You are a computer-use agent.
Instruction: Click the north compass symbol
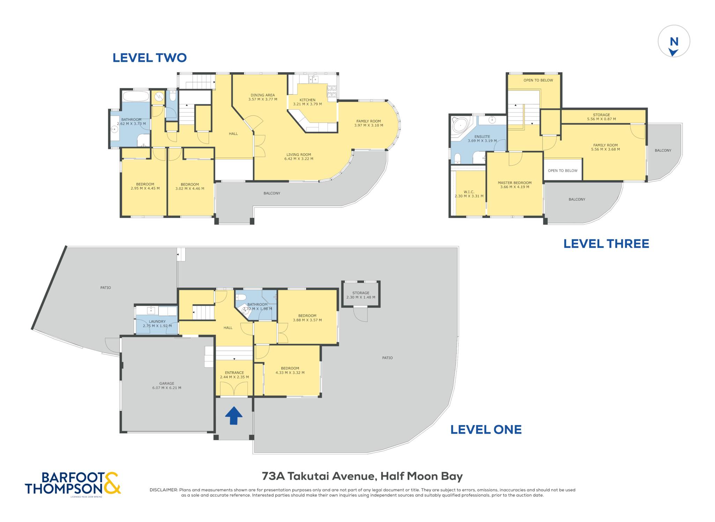674,41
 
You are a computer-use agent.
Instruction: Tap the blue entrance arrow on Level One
234,415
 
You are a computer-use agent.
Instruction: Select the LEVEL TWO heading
149,58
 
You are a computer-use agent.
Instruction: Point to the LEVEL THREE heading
606,244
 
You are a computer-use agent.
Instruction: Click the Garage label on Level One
167,385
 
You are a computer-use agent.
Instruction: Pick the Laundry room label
157,324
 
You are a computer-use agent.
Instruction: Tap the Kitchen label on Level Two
307,102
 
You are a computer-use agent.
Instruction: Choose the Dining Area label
263,97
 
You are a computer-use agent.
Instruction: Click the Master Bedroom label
515,185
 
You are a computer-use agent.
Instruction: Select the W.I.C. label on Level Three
469,194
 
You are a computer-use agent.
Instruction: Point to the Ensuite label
482,139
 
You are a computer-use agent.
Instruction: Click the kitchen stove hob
332,91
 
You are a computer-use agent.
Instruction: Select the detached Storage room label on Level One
361,295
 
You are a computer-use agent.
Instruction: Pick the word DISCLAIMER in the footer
164,490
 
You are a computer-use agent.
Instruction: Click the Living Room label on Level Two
298,157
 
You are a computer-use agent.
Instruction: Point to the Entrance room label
234,375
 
